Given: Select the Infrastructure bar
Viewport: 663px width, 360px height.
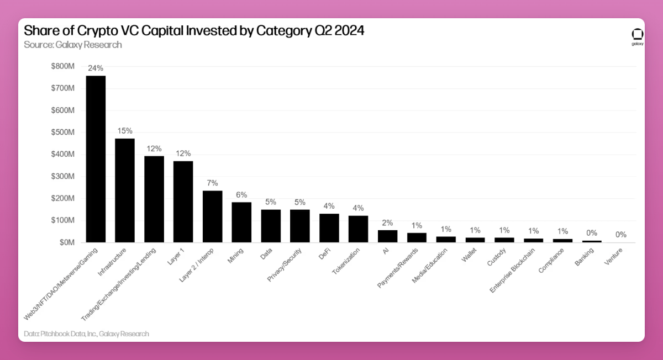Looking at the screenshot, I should (124, 190).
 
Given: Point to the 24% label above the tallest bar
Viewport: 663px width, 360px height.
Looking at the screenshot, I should (96, 68).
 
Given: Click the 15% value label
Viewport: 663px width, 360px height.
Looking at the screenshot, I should (124, 131).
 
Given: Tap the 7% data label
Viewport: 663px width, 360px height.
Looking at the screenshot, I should (212, 183).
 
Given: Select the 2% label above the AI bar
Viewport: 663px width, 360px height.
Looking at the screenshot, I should (387, 223).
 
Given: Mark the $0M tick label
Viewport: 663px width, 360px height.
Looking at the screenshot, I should (66, 242).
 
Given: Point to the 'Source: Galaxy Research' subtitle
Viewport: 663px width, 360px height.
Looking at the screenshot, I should (73, 45).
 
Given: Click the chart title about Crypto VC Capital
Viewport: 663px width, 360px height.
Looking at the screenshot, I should (194, 31).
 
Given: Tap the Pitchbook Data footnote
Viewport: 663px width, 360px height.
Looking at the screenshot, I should (87, 333).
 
